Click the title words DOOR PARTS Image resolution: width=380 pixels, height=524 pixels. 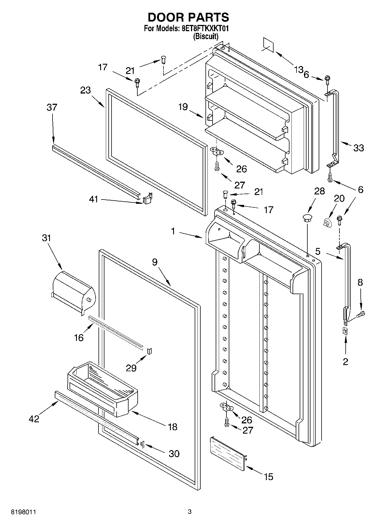pos(188,18)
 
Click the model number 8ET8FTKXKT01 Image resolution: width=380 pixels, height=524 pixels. pos(204,29)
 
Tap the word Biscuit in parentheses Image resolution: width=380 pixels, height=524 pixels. pos(206,36)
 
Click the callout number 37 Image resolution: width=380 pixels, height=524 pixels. pos(52,107)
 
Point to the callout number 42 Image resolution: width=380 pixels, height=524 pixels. pos(34,419)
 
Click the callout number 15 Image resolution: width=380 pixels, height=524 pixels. pos(268,477)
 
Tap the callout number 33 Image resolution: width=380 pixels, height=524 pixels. pos(359,148)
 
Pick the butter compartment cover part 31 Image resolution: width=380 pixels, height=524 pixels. pos(74,292)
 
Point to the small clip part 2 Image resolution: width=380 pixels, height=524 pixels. pos(345,331)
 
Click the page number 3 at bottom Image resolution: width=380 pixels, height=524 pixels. pos(190,512)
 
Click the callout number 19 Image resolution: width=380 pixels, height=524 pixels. pos(183,107)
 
